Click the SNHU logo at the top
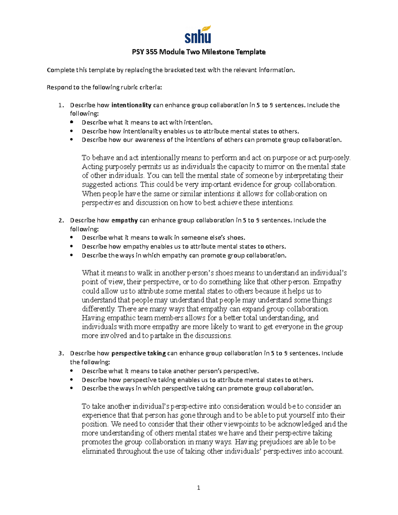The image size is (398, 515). pos(198,34)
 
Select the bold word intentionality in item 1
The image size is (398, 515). pos(131,105)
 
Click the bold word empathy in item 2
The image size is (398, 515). pos(125,220)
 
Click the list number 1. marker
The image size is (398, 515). pos(61,105)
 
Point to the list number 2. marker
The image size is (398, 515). pos(61,220)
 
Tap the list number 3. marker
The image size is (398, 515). pos(61,353)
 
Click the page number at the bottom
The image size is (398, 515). pos(198,487)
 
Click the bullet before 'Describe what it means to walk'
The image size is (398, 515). pos(72,237)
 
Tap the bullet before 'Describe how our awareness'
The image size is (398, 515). pos(72,140)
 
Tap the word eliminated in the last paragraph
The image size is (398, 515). pos(98,451)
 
